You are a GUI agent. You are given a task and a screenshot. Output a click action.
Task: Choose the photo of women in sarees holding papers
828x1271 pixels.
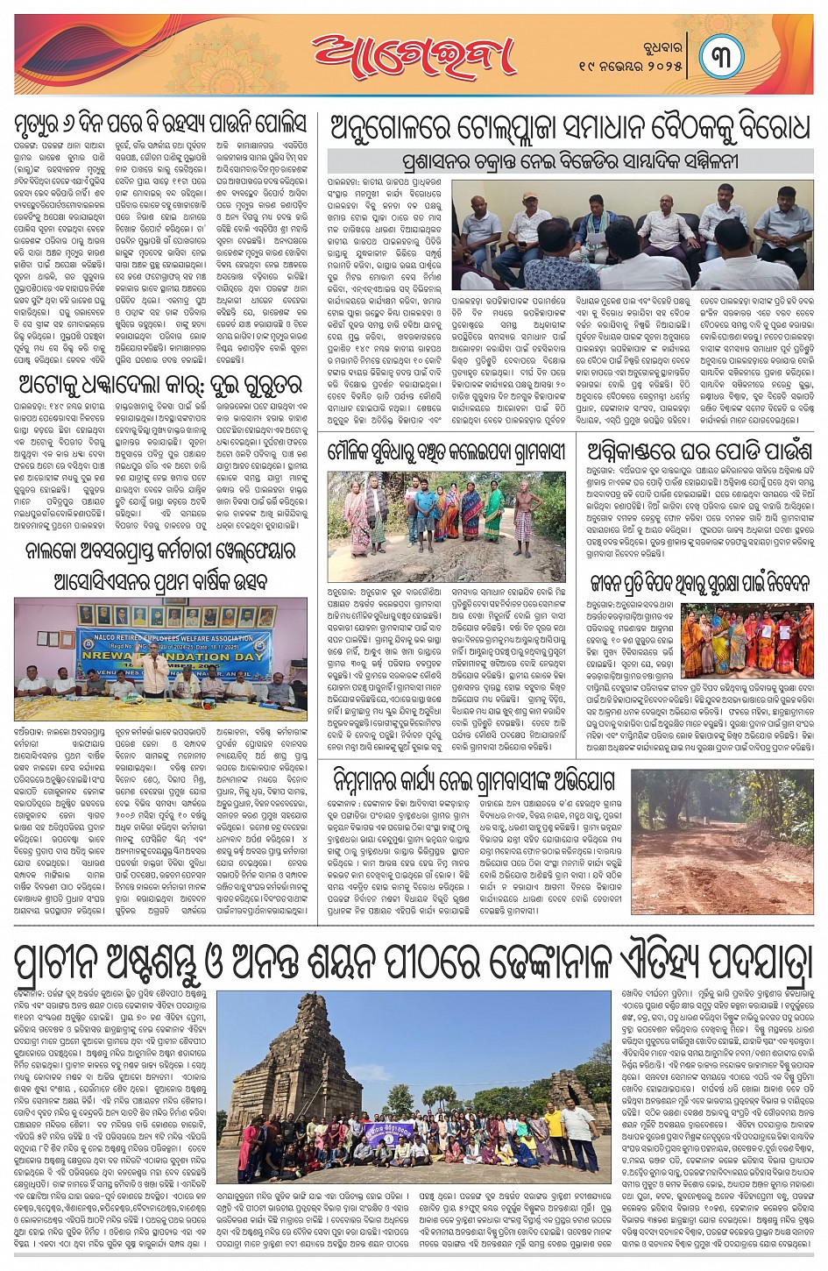(747, 640)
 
